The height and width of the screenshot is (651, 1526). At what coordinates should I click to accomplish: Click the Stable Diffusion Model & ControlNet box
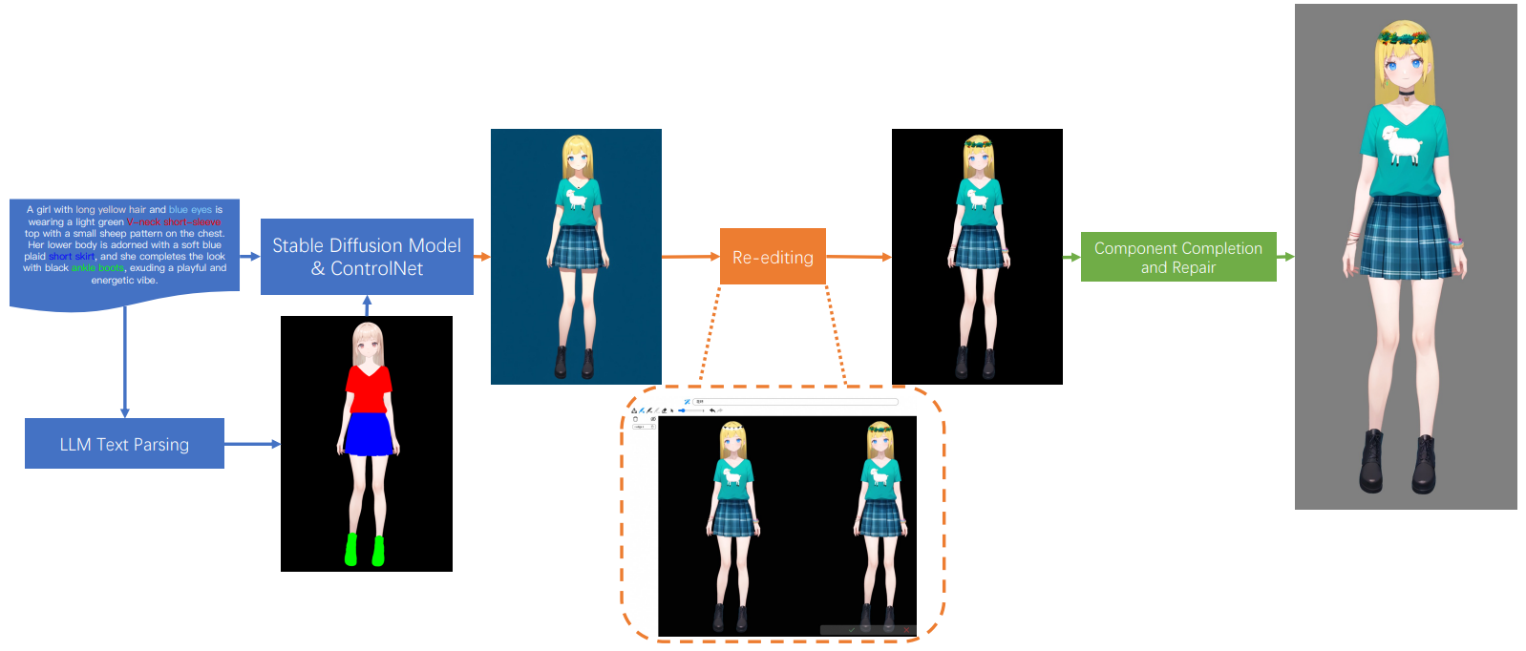pos(367,257)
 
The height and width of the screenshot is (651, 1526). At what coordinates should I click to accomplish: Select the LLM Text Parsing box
pos(124,444)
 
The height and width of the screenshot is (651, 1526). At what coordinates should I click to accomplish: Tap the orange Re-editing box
pos(773,257)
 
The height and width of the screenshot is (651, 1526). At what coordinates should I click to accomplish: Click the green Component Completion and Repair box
pos(1177,257)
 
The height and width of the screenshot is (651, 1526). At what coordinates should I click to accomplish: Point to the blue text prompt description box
pos(124,246)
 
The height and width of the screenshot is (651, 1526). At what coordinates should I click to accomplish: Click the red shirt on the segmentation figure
pos(367,388)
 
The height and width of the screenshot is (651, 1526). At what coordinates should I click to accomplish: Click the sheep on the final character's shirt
pos(1402,144)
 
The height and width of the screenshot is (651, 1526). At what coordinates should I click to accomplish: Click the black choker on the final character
pos(1406,93)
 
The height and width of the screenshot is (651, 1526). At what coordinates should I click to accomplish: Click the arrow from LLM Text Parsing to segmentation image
pos(252,444)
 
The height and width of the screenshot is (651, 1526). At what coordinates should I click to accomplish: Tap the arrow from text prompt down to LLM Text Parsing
pos(125,363)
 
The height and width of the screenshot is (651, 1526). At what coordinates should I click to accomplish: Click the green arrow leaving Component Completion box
pos(1285,257)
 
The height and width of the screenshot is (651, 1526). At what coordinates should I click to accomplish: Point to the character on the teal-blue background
pos(577,256)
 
